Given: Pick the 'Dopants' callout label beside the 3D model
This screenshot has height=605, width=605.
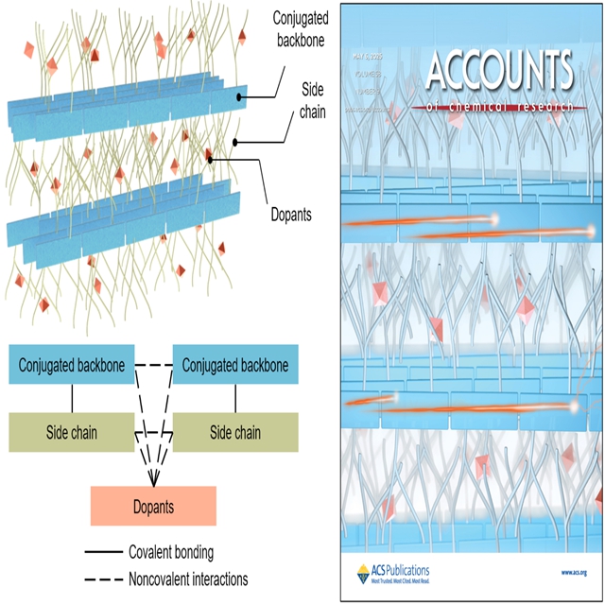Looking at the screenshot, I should point(289,216).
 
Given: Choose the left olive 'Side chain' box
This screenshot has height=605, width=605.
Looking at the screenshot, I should point(72,432).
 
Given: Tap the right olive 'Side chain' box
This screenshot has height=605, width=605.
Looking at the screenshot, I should point(235,432).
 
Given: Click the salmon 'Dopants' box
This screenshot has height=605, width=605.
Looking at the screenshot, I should point(153,507).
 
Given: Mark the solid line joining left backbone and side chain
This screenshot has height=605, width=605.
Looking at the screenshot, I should point(72,398).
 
